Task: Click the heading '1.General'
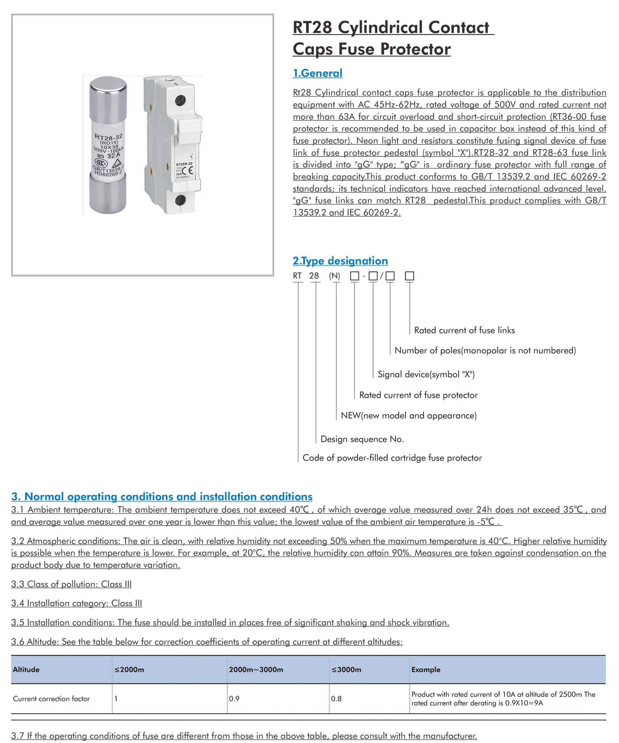pos(317,73)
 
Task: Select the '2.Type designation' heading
pos(340,261)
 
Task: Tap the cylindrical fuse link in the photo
pos(108,145)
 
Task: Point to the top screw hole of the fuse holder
pos(180,100)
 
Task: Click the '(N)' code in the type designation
pos(335,276)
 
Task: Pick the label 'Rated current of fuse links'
pos(464,330)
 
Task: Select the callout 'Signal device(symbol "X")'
pos(426,374)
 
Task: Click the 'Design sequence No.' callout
pos(362,439)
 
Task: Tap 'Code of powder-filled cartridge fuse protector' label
pos(392,458)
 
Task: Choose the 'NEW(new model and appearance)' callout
pos(409,415)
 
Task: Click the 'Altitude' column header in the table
pos(26,670)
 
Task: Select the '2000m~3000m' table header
pos(256,670)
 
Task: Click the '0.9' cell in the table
pos(234,699)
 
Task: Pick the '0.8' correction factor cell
pos(336,699)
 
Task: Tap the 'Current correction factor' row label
pos(51,699)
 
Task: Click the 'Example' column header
pos(426,670)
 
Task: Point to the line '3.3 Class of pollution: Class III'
pos(72,584)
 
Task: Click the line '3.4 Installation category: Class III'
pos(76,603)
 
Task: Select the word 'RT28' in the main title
pos(312,27)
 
